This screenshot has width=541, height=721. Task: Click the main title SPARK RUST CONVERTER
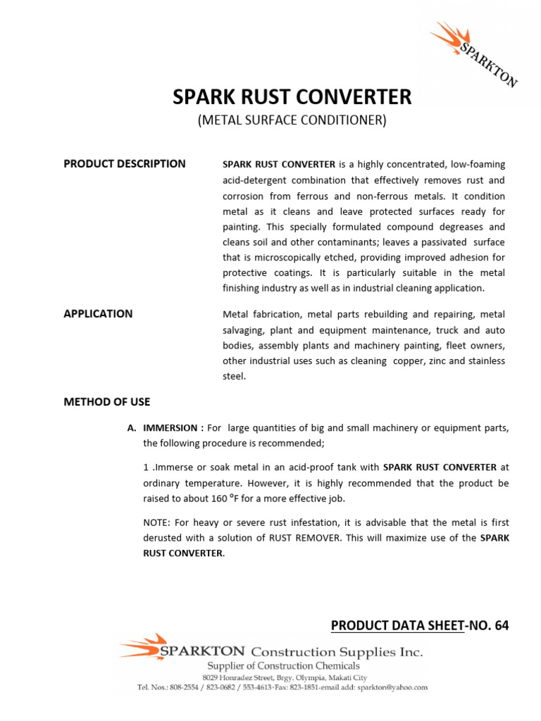(292, 97)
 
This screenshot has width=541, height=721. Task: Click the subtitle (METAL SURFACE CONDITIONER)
(292, 120)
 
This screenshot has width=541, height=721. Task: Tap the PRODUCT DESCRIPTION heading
(125, 164)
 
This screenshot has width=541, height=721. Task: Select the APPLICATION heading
(98, 314)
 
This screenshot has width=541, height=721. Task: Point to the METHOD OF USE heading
(106, 402)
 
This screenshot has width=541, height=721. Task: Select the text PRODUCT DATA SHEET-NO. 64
(419, 625)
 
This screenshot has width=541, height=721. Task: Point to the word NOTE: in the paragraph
(158, 522)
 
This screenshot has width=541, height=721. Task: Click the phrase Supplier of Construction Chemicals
(283, 665)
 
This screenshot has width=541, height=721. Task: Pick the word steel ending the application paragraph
(233, 377)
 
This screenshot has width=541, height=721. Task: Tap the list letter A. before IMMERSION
(131, 428)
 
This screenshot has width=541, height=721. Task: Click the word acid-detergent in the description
(255, 180)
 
